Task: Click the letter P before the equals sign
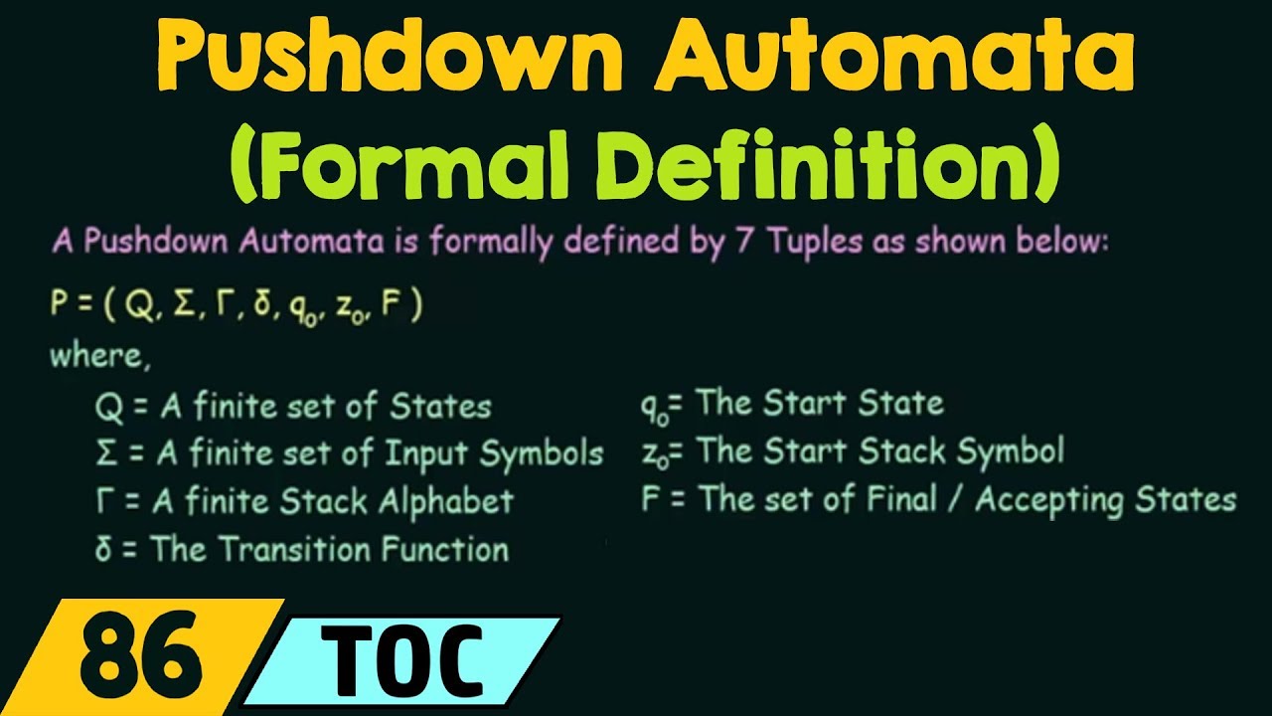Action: pyautogui.click(x=59, y=305)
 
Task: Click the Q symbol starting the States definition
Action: pyautogui.click(x=107, y=406)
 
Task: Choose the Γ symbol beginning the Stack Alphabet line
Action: pyautogui.click(x=104, y=501)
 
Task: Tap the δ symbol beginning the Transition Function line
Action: pyautogui.click(x=103, y=550)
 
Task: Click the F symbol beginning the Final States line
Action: pyautogui.click(x=651, y=499)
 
